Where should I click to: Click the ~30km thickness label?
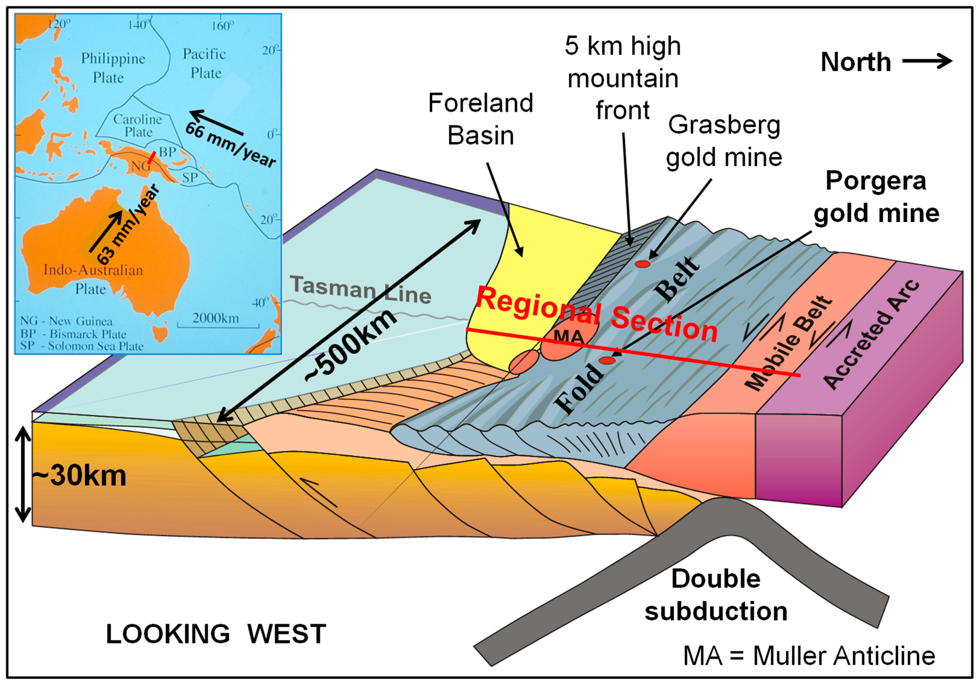coord(80,476)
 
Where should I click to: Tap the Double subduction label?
coord(716,595)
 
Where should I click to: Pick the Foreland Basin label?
coord(480,120)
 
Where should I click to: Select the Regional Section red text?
coord(596,315)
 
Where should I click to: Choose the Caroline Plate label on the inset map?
coord(137,126)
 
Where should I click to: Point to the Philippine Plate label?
coord(113,68)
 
